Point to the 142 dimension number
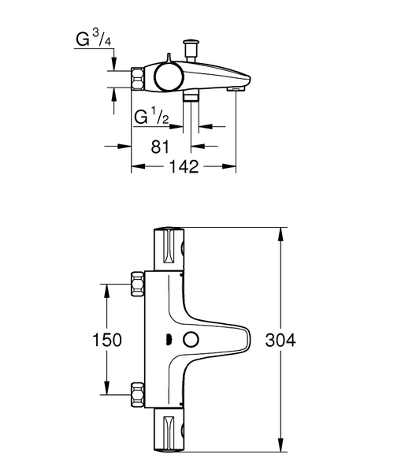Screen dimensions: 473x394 tap(184, 166)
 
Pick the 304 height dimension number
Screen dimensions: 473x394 tap(281, 340)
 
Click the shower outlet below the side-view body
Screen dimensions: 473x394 tap(190, 97)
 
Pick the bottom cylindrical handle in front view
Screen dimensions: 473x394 tap(169, 431)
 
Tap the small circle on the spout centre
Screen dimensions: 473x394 tap(189, 340)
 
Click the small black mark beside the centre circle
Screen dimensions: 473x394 tap(167, 340)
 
